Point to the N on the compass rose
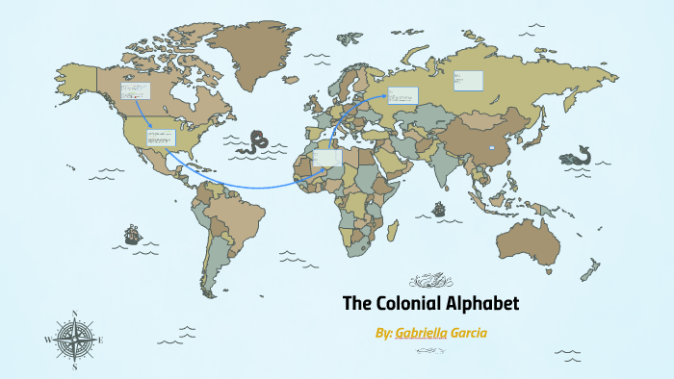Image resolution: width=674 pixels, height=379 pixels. coord(74,314)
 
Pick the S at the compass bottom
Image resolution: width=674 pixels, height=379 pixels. coord(74,366)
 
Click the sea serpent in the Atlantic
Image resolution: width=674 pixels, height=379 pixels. coord(255,142)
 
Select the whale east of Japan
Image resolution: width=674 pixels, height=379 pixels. coord(579,153)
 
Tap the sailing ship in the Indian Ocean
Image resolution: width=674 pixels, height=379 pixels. coord(440,207)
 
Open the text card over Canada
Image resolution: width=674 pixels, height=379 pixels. coord(136,91)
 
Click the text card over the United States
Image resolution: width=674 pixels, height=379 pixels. coord(161,137)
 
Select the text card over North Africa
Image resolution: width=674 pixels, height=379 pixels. coord(327,157)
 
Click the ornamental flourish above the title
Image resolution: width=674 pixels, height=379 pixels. coord(426,281)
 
